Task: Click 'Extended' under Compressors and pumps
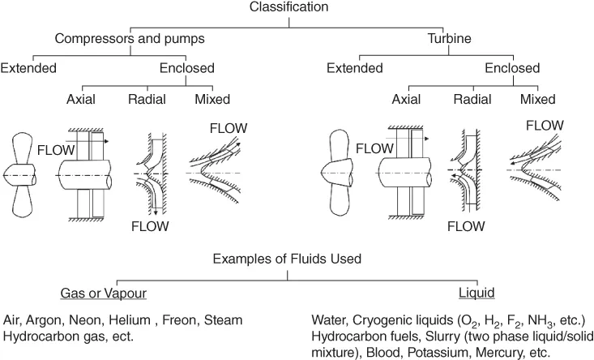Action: coord(28,68)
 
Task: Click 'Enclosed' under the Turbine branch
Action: coord(512,68)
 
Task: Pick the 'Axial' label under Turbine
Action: coord(407,99)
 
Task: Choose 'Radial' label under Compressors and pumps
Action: coord(147,99)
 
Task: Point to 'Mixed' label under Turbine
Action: coord(538,99)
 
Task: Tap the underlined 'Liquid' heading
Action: coord(479,290)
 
